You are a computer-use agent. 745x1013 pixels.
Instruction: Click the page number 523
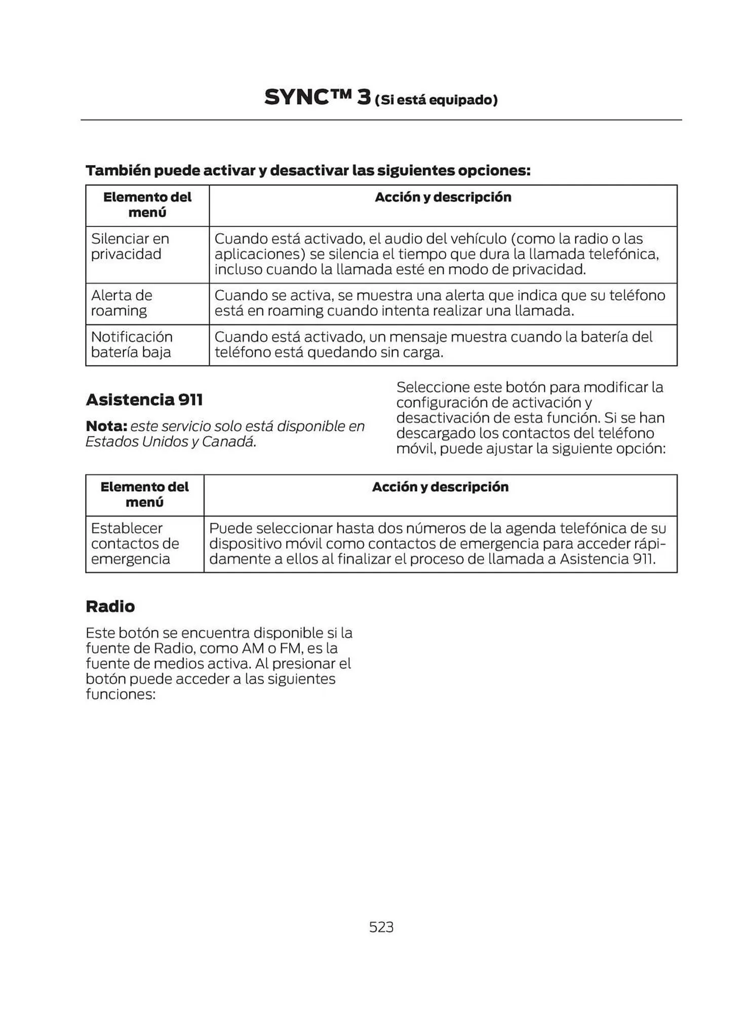381,927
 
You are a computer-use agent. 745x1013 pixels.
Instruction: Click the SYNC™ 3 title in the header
317,97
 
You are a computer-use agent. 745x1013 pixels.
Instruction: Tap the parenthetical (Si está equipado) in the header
436,100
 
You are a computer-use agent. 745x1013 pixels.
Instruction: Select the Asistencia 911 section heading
144,400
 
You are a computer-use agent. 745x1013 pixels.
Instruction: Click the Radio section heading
110,606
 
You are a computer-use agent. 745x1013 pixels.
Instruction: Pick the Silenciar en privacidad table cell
130,247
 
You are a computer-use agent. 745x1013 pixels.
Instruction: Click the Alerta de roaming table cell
122,303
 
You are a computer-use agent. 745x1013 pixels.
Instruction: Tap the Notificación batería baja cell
132,344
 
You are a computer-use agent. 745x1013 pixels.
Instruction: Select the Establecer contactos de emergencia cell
135,543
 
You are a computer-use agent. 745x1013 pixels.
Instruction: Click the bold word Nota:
106,426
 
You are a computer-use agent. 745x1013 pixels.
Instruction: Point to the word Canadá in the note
228,442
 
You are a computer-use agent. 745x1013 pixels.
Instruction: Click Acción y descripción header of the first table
443,197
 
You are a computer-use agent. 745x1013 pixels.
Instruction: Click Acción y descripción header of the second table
440,487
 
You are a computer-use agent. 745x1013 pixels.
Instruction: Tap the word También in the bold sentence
118,171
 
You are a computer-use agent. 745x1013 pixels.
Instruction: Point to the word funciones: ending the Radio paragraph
121,694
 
